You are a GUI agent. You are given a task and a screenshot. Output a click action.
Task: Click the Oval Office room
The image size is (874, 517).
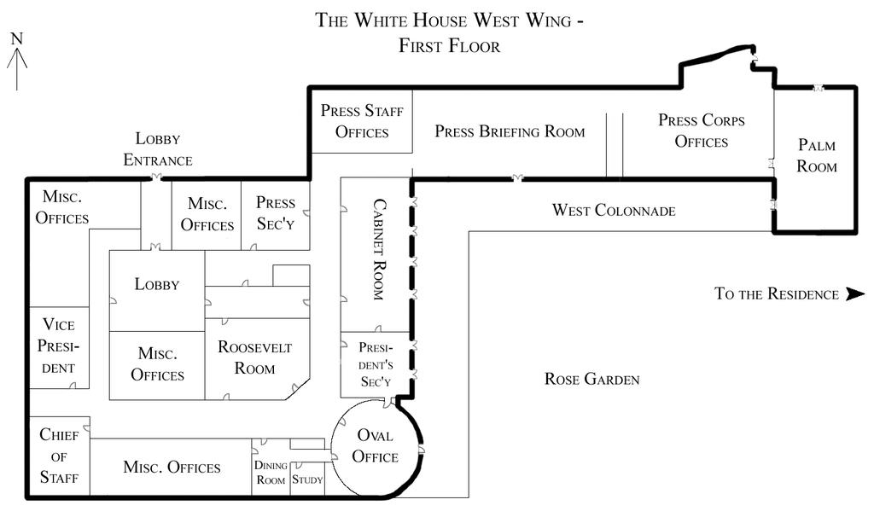[376, 446]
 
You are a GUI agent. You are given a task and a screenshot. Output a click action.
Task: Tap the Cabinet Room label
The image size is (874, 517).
[377, 248]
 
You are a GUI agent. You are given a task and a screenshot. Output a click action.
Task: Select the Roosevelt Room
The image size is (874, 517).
[254, 357]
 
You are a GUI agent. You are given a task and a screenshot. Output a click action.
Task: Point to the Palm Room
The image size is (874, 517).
[817, 155]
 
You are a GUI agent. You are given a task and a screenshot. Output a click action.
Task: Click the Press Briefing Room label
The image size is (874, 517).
[510, 131]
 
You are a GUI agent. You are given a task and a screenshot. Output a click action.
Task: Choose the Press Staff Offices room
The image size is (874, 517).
[362, 121]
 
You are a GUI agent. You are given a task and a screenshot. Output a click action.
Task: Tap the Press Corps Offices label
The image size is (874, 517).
[701, 131]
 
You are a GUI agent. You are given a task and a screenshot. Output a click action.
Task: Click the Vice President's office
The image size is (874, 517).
[59, 346]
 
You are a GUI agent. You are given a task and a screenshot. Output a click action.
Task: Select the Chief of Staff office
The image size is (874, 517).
[59, 456]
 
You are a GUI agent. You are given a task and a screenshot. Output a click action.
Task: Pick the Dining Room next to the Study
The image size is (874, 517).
[270, 473]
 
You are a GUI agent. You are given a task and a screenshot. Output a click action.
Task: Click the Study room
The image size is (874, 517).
[307, 479]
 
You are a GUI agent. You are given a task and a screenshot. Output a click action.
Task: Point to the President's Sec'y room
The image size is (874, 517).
[375, 365]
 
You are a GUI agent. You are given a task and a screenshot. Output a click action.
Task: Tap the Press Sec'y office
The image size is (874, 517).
[276, 213]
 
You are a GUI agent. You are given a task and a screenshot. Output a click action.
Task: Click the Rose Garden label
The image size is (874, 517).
[591, 379]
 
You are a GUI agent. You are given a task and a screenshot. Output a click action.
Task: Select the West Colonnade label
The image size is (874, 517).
[614, 210]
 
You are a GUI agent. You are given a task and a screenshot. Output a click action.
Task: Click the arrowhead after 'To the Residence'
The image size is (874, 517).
[854, 294]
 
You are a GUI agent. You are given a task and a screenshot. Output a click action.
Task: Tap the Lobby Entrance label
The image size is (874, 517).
[158, 149]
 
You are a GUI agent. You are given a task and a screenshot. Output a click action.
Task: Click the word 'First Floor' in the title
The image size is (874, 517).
[449, 46]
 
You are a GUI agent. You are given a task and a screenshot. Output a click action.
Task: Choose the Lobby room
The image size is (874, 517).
[157, 284]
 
